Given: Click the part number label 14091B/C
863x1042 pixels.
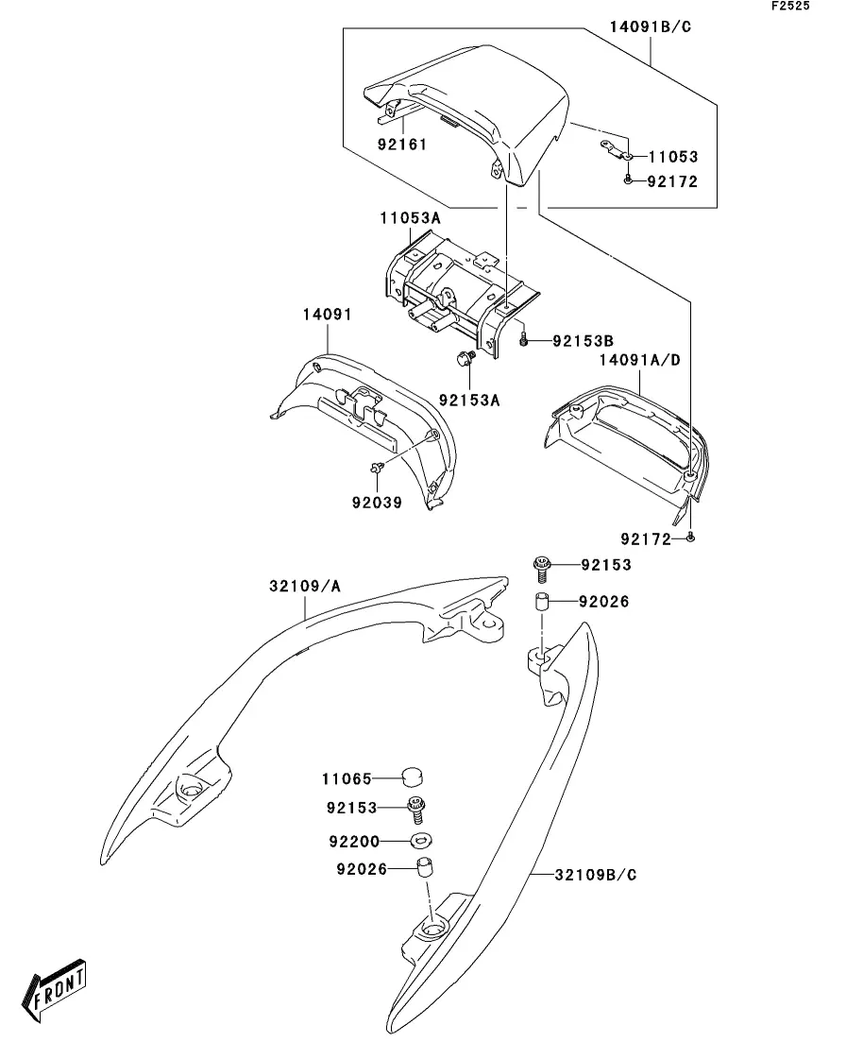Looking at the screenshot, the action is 651,27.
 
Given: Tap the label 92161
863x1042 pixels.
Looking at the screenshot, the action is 402,145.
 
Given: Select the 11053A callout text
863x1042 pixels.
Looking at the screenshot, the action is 410,218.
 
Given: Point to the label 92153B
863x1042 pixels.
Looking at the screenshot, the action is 583,342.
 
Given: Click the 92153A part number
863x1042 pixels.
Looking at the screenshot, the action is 469,400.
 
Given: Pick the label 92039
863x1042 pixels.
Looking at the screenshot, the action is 377,503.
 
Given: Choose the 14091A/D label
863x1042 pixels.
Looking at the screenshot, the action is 640,360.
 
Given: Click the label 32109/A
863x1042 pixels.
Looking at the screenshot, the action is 304,586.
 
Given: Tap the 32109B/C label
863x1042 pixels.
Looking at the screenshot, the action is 595,875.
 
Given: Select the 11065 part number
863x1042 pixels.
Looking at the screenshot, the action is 347,778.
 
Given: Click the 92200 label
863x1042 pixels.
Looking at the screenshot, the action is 354,842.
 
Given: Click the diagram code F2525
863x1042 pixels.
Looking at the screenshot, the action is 790,6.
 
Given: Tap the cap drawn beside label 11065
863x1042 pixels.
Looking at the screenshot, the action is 413,777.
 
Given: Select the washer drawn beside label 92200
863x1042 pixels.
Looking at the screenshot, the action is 420,841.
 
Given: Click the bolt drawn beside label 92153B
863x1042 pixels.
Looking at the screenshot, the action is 523,339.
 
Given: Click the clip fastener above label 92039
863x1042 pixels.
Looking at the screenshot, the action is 378,468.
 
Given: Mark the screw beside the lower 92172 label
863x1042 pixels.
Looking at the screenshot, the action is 690,537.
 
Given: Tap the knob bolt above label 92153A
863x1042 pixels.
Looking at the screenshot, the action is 464,358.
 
